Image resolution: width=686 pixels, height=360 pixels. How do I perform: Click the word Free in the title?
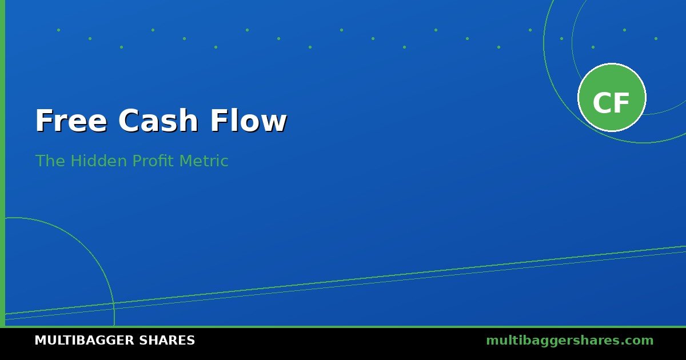[x=71, y=121]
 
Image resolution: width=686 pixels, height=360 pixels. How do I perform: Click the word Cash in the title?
[x=158, y=120]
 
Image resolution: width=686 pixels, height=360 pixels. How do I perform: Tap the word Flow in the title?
[x=248, y=120]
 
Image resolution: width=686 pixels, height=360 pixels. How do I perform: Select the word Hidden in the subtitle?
[x=98, y=161]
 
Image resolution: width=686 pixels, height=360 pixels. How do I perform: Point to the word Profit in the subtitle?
[x=153, y=161]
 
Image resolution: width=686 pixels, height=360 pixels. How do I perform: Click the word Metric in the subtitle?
[x=204, y=161]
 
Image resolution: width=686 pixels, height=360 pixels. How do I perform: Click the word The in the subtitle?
[x=50, y=161]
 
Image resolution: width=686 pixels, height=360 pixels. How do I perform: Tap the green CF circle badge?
[x=612, y=97]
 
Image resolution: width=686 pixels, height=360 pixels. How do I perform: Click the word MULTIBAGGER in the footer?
[x=84, y=341]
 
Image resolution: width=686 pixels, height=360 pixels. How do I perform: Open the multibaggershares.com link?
[x=569, y=341]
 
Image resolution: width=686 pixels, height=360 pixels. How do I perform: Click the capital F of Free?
[x=44, y=121]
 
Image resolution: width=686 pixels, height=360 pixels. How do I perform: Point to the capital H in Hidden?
[x=76, y=161]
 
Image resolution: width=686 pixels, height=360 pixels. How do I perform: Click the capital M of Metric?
[x=186, y=161]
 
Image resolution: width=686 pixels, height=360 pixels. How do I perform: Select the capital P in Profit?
[x=137, y=161]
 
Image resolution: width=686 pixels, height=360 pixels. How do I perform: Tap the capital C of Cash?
[x=128, y=121]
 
